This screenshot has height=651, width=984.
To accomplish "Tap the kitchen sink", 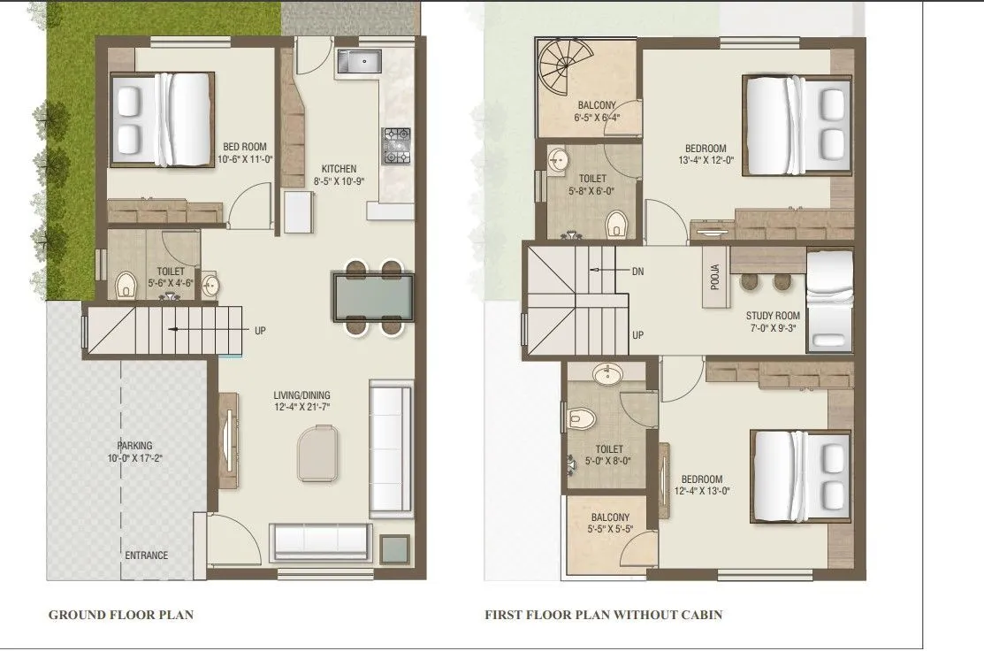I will pos(358,63).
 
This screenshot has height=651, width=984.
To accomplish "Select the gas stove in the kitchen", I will pos(396,146).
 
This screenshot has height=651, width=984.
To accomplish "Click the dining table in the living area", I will pos(372,297).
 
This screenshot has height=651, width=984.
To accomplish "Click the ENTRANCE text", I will pos(146,555).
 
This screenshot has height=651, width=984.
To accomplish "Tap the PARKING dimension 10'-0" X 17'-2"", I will pos(135,458).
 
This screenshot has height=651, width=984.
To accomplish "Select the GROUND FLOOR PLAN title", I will pos(120,615).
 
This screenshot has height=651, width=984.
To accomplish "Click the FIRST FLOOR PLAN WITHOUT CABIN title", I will pos(603,615).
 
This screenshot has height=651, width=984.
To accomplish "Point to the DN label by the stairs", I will pos(637,271).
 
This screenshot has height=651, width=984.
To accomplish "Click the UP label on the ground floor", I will pos(260,331).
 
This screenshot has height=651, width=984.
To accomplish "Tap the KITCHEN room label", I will pos(339,169).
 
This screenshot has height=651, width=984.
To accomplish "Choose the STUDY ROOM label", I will pos(772,316).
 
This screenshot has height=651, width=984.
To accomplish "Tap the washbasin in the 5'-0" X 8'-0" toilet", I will pos(607,375).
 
